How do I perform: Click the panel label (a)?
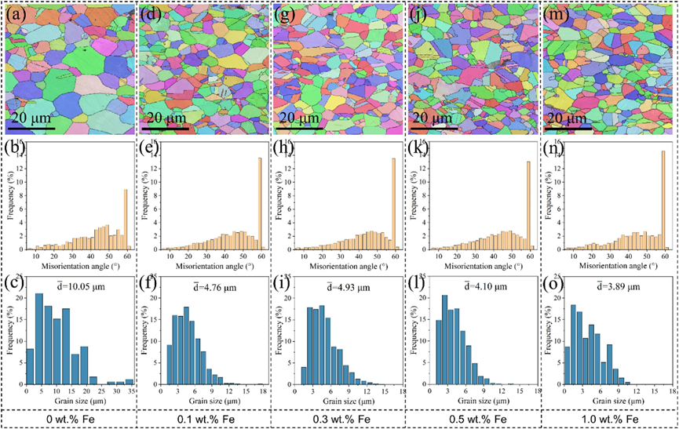coord(16,15)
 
